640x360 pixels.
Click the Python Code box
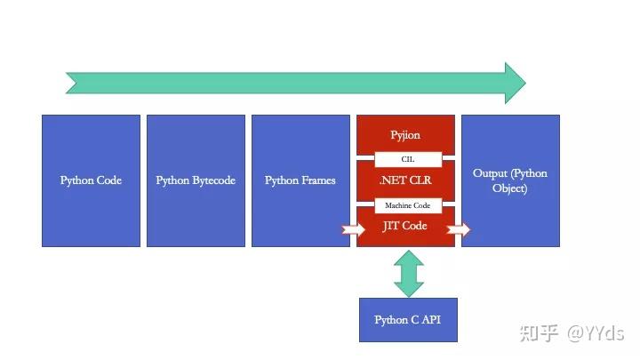tap(91, 180)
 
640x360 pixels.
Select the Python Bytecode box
tap(196, 180)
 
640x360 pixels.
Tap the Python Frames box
tap(300, 180)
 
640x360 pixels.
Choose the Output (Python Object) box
tap(510, 180)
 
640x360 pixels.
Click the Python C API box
tap(408, 320)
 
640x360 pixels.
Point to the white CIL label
tap(407, 159)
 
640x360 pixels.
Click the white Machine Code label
tap(407, 205)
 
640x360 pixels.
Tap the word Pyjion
tap(405, 135)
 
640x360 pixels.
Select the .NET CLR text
tap(405, 180)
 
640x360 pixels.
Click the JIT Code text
tap(405, 226)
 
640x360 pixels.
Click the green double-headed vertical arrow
tap(409, 273)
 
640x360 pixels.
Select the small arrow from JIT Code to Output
tap(459, 230)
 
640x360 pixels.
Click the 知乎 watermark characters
tap(540, 333)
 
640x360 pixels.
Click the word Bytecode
tap(212, 180)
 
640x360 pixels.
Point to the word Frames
tap(318, 180)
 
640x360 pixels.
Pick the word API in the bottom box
tap(430, 320)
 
